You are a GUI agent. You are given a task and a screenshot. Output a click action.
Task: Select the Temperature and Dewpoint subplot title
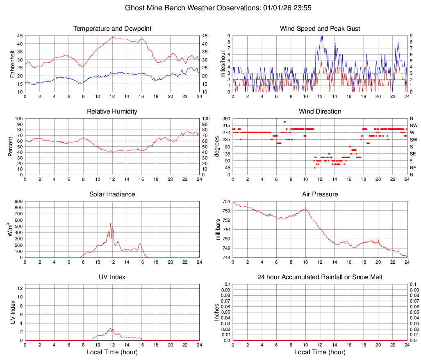[112, 29]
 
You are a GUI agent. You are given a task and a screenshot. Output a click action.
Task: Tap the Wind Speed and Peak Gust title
[320, 29]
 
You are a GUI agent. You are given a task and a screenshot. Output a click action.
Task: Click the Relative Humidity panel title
[112, 112]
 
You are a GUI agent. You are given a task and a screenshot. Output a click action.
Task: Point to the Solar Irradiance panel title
[112, 194]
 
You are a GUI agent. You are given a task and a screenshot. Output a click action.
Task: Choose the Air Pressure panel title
[320, 194]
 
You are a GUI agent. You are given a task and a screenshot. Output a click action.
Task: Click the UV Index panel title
[112, 277]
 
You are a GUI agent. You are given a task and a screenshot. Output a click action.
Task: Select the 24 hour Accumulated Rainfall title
[320, 277]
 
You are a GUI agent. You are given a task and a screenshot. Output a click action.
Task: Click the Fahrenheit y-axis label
[12, 64]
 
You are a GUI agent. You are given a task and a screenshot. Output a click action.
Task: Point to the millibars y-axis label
[218, 230]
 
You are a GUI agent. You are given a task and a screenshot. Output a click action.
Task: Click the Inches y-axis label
[217, 312]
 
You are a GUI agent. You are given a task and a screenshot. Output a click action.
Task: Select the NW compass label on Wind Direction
[414, 126]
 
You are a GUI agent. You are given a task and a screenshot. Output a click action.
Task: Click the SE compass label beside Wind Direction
[413, 154]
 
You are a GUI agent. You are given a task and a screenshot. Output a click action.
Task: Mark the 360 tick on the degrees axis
[225, 119]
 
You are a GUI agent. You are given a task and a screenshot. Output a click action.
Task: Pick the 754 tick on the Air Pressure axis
[225, 202]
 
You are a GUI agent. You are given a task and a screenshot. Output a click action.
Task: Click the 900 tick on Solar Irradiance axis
[18, 202]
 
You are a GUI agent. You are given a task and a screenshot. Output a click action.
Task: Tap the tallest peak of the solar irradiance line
[110, 223]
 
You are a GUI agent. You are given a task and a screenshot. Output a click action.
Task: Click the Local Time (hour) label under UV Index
[112, 352]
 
